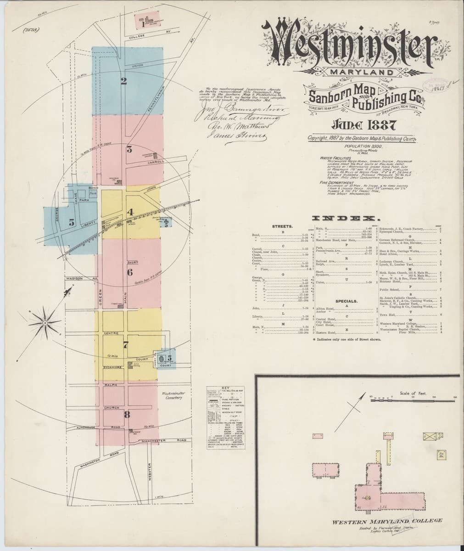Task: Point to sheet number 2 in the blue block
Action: click(x=123, y=82)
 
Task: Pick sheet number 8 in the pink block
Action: click(x=127, y=415)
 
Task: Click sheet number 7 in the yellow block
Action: click(x=125, y=343)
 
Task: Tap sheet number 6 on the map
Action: click(x=130, y=272)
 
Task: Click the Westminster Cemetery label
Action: click(x=173, y=395)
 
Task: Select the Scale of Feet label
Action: click(x=413, y=393)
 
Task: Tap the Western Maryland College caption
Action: click(x=387, y=521)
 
